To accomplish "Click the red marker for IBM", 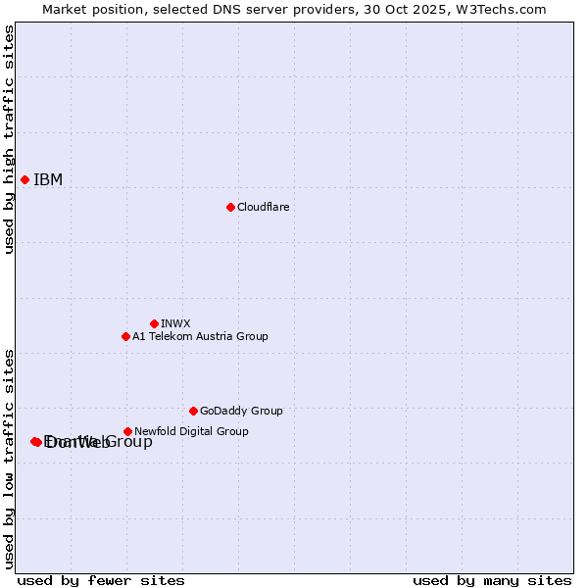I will [x=24, y=179].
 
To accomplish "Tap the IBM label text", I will [x=48, y=179].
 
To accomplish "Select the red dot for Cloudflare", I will [x=230, y=207].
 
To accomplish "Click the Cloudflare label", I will [x=263, y=207].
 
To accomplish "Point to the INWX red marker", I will [x=154, y=323].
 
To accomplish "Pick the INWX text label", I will [x=175, y=323].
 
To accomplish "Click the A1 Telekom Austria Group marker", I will [x=125, y=336].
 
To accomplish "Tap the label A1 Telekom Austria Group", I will [x=200, y=336].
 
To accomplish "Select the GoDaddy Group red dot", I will [x=193, y=411].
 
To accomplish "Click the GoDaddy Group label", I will [x=241, y=411].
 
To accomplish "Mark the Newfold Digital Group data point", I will [x=127, y=431].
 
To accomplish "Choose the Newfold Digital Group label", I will [x=191, y=431].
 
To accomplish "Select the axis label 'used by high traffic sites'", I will [x=9, y=139].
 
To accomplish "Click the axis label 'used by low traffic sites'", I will [x=9, y=458].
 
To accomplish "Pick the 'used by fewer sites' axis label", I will [x=101, y=580].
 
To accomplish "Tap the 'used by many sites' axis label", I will [x=492, y=580].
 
